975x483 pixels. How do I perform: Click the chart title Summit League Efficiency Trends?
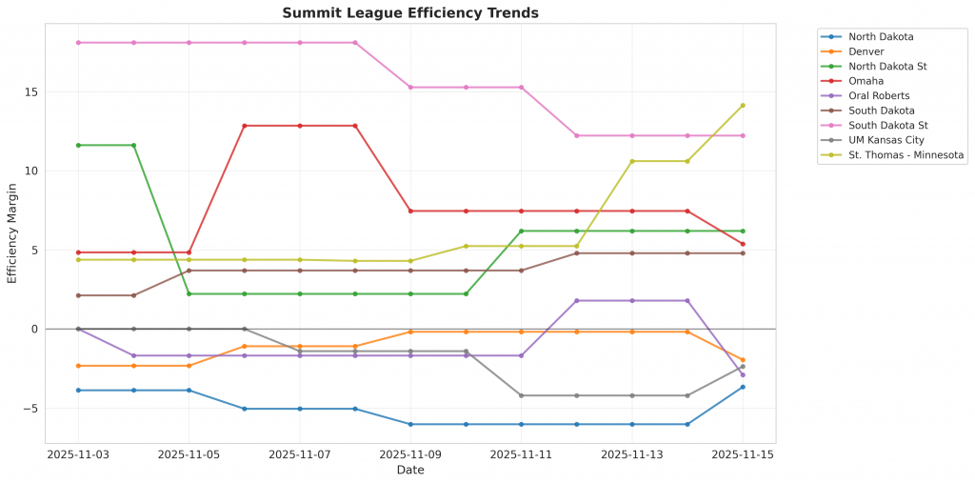pos(410,12)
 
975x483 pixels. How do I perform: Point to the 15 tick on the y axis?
pos(30,92)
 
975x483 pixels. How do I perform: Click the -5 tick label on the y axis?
pos(30,409)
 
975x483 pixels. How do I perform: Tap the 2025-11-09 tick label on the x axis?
pos(410,455)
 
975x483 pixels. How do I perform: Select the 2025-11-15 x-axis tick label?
pos(743,455)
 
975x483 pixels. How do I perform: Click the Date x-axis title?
pos(410,470)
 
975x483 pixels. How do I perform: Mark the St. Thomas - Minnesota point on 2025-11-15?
pos(743,106)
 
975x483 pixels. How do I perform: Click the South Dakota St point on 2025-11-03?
pos(78,43)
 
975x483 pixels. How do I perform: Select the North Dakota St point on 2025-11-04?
pos(133,145)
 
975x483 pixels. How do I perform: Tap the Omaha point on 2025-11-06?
pos(245,126)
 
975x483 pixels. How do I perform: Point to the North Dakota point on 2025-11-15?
pos(743,387)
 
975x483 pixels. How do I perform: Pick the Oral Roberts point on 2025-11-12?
pos(577,301)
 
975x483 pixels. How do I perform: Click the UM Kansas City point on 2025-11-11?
pos(522,395)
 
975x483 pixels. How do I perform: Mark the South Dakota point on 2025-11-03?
pos(78,295)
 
